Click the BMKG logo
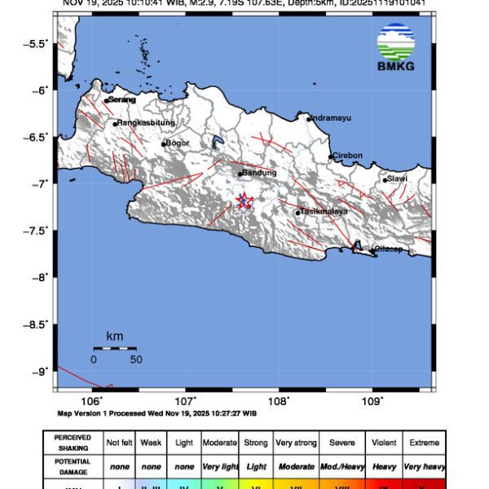[395, 47]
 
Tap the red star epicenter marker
[243, 200]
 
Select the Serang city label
[121, 99]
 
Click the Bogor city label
[178, 143]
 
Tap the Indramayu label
[332, 118]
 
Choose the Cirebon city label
[347, 155]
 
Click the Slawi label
[398, 178]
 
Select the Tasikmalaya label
[324, 211]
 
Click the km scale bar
[114, 349]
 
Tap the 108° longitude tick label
[279, 400]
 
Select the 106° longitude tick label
[92, 400]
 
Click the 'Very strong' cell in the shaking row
[296, 443]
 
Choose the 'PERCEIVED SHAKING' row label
[73, 443]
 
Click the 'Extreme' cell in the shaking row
[423, 443]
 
